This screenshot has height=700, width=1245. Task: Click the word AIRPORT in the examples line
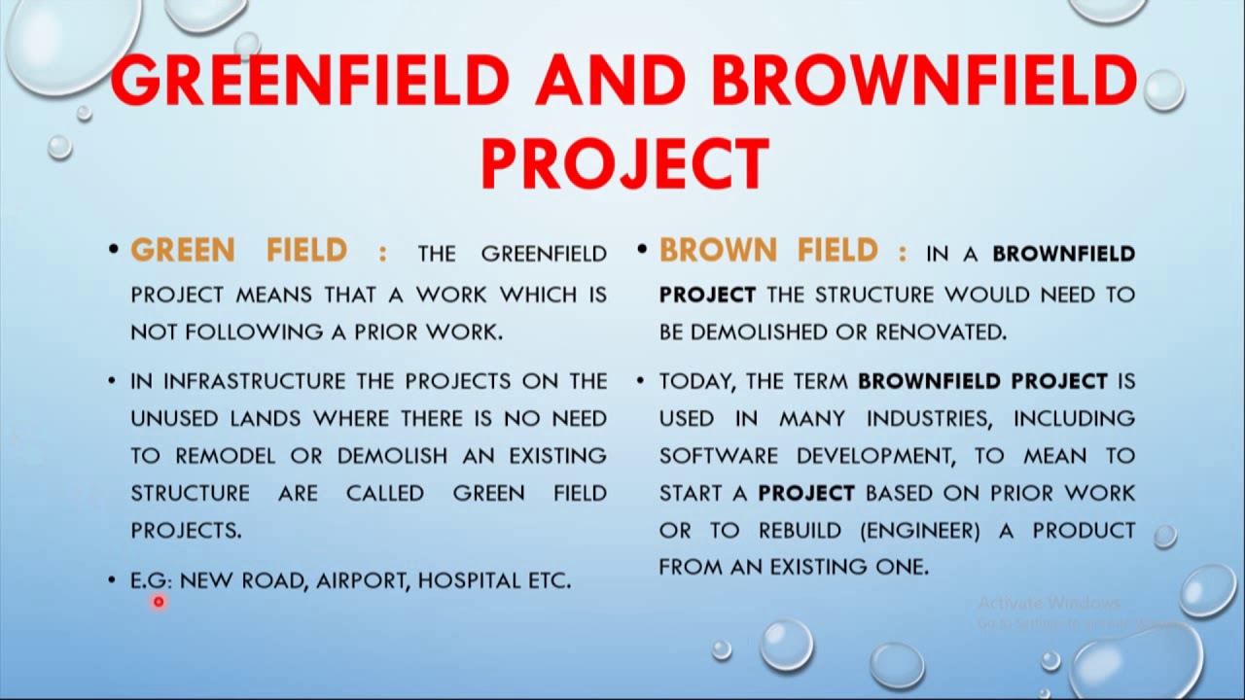point(363,581)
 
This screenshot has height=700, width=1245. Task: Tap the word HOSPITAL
point(468,580)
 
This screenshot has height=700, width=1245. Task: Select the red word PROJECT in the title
point(625,164)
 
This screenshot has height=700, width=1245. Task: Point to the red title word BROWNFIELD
point(925,80)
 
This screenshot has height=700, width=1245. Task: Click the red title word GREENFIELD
point(310,80)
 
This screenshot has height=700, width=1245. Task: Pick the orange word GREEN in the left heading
point(183,250)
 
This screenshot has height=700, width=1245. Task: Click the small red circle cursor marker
point(159,602)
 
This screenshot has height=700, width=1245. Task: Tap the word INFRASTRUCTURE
point(254,381)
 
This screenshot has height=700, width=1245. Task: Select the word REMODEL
point(225,456)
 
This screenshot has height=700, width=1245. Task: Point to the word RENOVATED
point(942,332)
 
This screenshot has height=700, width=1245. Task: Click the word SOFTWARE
point(719,456)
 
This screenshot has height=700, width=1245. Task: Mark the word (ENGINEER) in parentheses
point(920,531)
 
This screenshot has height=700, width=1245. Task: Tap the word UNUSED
point(174,418)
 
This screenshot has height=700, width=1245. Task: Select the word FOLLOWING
point(254,332)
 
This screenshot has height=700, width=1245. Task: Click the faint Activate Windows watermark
point(1049,603)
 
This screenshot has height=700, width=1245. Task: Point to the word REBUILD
point(800,531)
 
